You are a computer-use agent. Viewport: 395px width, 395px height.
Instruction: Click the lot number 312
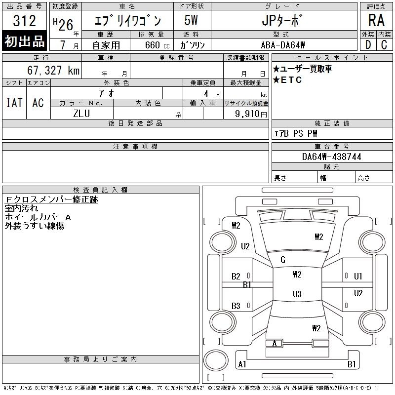[24, 21]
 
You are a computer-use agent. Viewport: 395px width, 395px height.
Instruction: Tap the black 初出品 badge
[24, 41]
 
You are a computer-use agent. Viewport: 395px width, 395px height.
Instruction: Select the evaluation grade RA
[376, 20]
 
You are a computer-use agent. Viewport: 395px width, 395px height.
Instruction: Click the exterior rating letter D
[368, 45]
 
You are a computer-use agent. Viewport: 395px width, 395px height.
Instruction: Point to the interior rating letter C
[384, 45]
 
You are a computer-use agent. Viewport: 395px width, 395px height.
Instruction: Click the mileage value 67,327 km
[53, 70]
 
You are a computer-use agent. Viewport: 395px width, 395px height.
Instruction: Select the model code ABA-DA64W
[283, 45]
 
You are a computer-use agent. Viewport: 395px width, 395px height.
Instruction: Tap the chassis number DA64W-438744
[331, 157]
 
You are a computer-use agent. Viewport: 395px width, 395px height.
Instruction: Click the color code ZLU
[81, 114]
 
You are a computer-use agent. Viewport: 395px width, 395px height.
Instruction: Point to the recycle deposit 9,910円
[251, 114]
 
